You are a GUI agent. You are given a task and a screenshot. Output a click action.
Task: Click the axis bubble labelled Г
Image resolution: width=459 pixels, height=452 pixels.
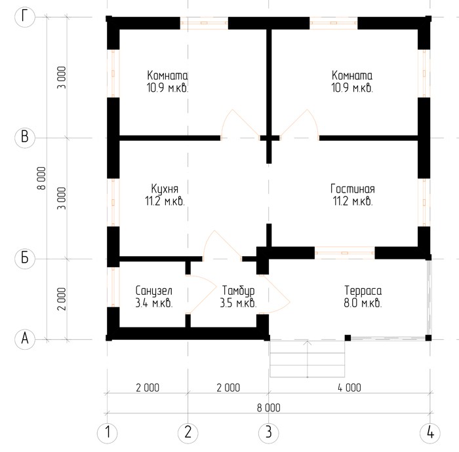tap(25, 17)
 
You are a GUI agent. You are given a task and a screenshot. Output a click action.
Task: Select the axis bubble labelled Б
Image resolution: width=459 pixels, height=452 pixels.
tap(25, 259)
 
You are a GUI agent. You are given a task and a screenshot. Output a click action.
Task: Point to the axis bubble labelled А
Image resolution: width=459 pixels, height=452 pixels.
tap(25, 339)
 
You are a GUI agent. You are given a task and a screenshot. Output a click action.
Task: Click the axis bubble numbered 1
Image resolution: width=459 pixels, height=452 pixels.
tap(107, 433)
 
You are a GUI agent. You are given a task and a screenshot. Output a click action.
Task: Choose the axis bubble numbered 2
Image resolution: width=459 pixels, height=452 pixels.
tap(188, 433)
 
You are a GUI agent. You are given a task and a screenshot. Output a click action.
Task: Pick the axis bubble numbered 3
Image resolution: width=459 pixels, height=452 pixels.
tap(269, 433)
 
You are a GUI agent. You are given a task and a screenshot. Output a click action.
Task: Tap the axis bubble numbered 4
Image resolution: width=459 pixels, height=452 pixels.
tap(430, 433)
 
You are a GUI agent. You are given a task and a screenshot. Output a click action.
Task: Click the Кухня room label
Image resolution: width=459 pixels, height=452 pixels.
tap(165, 189)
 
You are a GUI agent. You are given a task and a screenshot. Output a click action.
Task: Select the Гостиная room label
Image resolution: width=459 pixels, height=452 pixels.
tap(353, 189)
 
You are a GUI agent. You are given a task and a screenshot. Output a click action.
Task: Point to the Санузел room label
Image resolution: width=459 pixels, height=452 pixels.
tap(154, 291)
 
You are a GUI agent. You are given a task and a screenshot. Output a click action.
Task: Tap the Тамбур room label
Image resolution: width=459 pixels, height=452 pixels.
tap(238, 291)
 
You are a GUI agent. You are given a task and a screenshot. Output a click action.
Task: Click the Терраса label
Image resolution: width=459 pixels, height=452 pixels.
tap(363, 291)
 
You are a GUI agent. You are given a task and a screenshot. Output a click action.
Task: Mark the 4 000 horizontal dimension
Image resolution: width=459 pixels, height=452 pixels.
tap(349, 388)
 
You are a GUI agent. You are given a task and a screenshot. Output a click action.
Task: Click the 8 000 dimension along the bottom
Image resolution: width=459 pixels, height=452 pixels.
tap(268, 407)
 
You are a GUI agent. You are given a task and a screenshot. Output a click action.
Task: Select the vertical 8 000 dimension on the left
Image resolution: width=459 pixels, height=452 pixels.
tap(41, 178)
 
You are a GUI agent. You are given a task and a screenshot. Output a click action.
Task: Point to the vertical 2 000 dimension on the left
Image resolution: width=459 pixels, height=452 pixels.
tap(62, 299)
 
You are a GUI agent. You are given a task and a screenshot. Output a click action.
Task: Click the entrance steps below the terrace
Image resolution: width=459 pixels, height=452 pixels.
tap(307, 359)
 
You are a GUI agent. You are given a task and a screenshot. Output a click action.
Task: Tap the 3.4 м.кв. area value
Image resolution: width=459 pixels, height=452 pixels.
tap(154, 303)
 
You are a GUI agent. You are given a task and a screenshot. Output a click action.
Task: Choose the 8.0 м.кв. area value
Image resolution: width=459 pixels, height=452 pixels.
tap(363, 303)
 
